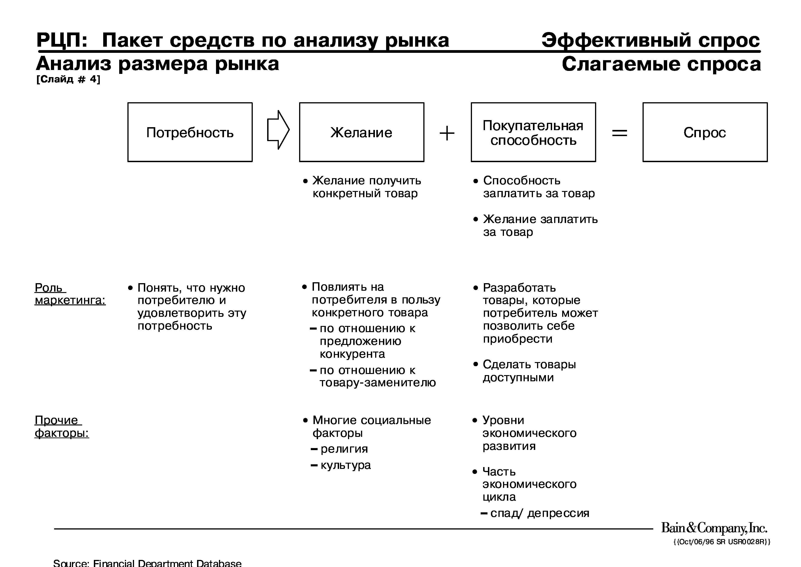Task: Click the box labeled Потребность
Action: [190, 132]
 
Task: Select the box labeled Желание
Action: [361, 132]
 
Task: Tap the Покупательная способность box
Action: [533, 132]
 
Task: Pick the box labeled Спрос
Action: [705, 132]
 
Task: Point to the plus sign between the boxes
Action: [447, 133]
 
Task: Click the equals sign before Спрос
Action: [620, 133]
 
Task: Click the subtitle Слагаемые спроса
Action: [661, 64]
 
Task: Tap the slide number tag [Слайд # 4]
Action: [68, 79]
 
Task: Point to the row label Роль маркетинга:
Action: [70, 294]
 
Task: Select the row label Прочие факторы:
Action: [62, 427]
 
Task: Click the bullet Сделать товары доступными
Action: [529, 371]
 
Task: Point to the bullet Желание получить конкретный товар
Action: [366, 187]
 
